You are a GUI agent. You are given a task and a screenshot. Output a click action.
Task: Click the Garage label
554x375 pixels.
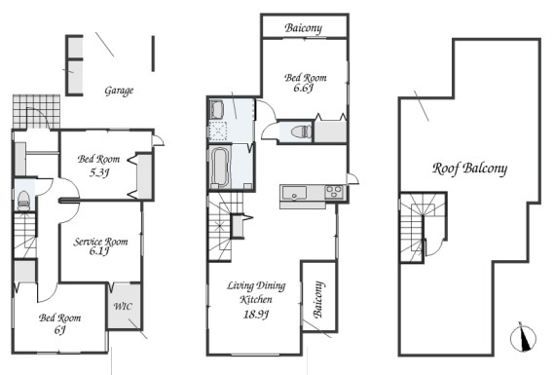(119, 91)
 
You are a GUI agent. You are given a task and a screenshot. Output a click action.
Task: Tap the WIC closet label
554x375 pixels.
(123, 306)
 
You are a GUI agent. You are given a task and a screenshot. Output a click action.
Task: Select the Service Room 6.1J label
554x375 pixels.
(100, 246)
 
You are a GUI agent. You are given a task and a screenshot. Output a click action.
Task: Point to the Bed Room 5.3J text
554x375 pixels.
(98, 166)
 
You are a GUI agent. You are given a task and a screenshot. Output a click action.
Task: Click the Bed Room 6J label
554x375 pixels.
(59, 323)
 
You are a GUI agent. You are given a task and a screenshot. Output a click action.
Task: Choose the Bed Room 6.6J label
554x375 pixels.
(306, 83)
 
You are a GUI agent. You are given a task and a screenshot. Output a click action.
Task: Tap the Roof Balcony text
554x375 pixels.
(469, 169)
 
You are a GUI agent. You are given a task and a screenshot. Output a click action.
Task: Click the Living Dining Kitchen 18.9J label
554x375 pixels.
(256, 300)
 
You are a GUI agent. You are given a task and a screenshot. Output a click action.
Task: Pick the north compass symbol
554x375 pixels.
(523, 337)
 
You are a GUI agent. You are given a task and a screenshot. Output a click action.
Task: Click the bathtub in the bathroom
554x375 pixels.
(220, 168)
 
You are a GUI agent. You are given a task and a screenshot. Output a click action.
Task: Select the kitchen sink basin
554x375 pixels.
(294, 193)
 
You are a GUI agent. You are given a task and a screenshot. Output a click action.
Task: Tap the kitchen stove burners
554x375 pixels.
(334, 192)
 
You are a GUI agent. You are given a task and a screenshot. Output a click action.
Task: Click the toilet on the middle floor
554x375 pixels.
(302, 131)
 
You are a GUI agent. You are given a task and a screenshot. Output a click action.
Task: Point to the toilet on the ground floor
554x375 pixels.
(23, 201)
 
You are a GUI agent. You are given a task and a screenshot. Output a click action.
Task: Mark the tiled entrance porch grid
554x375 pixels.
(36, 112)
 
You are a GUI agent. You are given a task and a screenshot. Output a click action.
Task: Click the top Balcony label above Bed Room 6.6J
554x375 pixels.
(304, 28)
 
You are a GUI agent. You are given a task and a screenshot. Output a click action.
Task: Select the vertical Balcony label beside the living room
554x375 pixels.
(318, 299)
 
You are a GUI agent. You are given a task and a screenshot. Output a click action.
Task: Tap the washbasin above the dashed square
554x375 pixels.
(216, 109)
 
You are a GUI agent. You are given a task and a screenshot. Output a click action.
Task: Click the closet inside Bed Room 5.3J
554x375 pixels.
(144, 176)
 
